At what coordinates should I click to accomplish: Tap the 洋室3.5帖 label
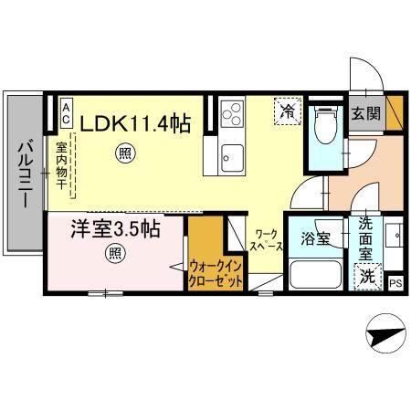click(116, 229)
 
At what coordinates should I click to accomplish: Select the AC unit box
click(66, 113)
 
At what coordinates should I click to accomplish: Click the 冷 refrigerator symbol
click(287, 112)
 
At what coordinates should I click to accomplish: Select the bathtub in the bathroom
click(314, 274)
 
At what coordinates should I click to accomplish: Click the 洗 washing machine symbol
click(365, 275)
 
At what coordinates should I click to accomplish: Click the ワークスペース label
click(267, 242)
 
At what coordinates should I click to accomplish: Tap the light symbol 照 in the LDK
click(124, 154)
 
